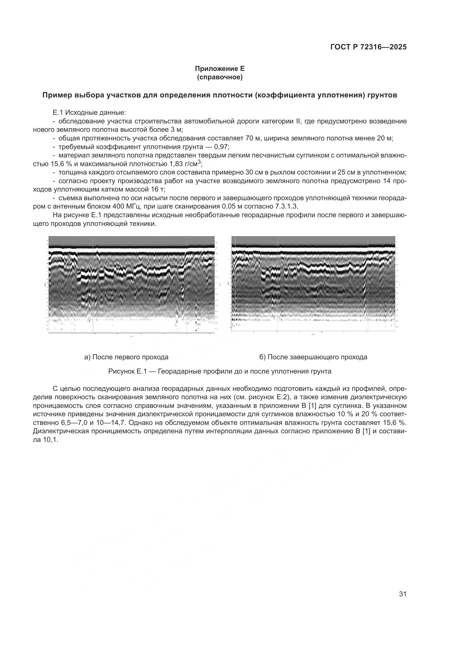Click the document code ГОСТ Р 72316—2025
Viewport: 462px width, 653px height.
[368, 47]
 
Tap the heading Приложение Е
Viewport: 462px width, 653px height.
[220, 69]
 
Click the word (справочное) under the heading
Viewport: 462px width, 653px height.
[220, 77]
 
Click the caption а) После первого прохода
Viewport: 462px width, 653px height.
[126, 357]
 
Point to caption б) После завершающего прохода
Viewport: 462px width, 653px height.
[313, 357]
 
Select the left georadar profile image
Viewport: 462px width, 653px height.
[132, 284]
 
